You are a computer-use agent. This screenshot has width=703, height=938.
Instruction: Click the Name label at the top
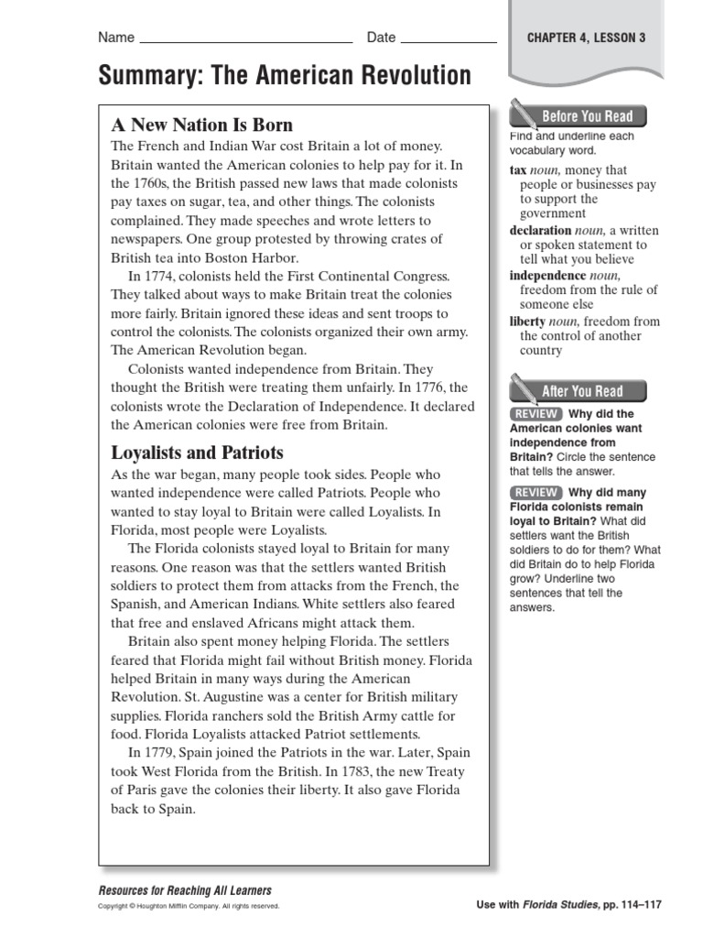[x=116, y=38]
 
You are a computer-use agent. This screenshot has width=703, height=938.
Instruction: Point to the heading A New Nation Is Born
[x=201, y=125]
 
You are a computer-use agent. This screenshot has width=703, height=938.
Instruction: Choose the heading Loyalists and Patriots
[x=197, y=453]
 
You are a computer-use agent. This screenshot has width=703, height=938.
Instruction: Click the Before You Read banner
[x=587, y=116]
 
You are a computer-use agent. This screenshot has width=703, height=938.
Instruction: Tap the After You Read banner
[x=582, y=391]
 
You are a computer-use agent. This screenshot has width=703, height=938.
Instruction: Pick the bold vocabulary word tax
[x=518, y=170]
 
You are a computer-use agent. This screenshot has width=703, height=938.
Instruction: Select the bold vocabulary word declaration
[x=539, y=231]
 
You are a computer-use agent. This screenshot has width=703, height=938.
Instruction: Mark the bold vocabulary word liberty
[x=527, y=322]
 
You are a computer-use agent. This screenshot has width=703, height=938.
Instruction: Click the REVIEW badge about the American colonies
[x=535, y=414]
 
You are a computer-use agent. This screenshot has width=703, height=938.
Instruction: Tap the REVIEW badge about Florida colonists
[x=535, y=493]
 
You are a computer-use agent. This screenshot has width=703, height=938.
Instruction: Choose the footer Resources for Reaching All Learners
[x=184, y=890]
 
